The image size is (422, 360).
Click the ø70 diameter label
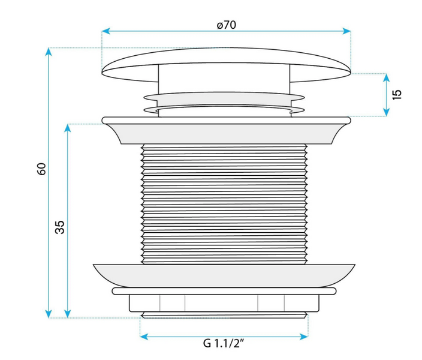[227, 25]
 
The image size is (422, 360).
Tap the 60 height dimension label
[42, 169]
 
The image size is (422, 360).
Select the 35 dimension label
[60, 227]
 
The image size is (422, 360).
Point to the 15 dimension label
[397, 95]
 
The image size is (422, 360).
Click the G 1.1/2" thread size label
[224, 343]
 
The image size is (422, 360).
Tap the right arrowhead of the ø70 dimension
[346, 31]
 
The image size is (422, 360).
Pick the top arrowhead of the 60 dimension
[49, 52]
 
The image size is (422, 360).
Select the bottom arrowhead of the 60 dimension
[49, 314]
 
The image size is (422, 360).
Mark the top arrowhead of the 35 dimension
[68, 128]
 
